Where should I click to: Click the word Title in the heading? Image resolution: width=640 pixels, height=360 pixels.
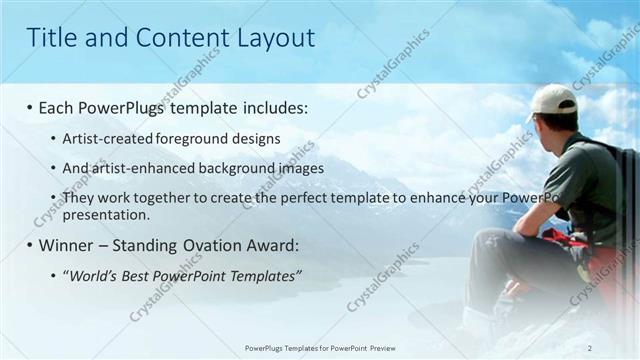(x=49, y=38)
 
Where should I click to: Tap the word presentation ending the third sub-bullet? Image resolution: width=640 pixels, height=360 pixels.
(x=106, y=214)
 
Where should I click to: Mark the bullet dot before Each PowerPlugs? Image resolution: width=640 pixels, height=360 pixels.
(x=30, y=107)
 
